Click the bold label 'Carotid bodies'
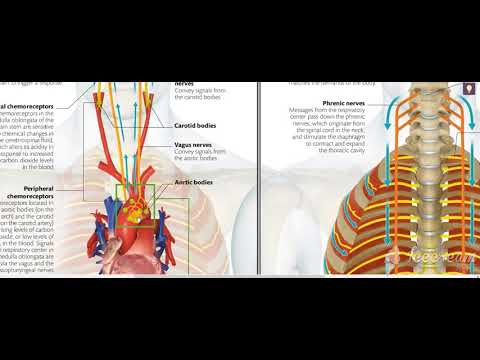tap(196, 127)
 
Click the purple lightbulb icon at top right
tap(467, 89)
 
